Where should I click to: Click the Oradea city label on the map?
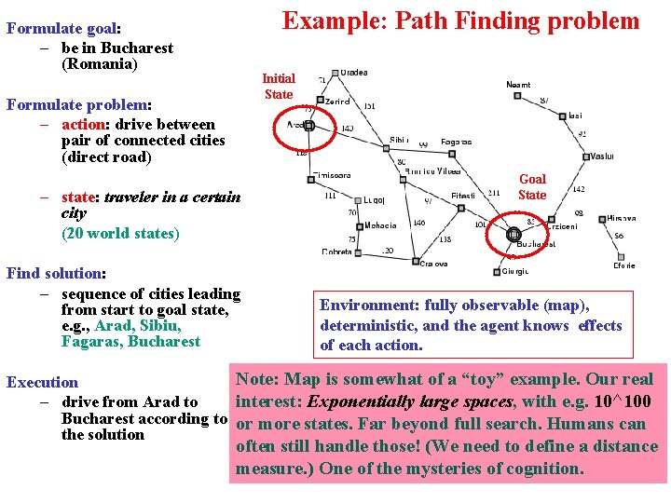353,74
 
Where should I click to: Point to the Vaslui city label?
602,156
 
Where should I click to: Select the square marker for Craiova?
417,261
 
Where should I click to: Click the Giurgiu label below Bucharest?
515,272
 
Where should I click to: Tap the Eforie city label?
623,265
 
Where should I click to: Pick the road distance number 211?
494,193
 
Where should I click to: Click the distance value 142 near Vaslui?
578,189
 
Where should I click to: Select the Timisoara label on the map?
332,175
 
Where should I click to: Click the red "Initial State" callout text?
279,87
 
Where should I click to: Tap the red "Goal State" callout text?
532,186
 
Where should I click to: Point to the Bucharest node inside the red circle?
513,234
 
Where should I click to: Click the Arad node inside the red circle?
308,126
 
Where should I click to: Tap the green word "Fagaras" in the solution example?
91,342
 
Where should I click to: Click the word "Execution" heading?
43,382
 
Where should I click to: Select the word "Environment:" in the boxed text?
369,305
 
